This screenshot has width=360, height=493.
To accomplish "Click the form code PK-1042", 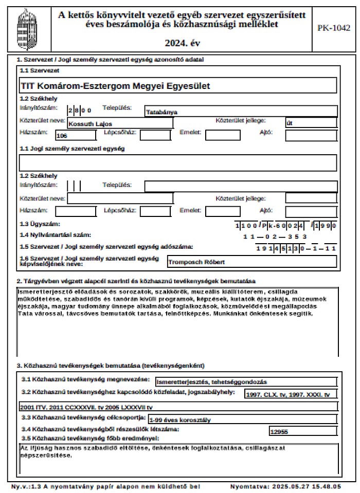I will pos(335,28).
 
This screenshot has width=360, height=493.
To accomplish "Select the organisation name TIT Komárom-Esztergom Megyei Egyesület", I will pos(115,86).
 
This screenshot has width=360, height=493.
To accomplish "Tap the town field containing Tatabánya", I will pos(161,112).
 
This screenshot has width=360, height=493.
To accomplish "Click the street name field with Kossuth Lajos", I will pos(91,124).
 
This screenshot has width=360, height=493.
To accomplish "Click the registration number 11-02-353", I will pos(275,236).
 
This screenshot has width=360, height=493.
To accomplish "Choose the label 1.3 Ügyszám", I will pos(40,224).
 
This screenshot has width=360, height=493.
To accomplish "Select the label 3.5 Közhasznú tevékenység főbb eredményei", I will pos(90,438).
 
